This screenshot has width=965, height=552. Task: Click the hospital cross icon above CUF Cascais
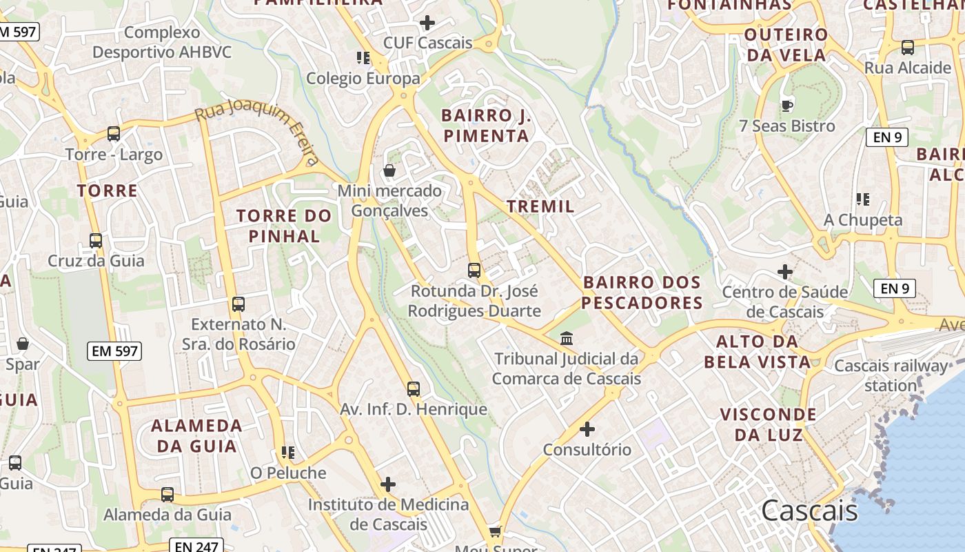pos(427,23)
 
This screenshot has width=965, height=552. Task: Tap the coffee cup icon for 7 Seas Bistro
pos(786,106)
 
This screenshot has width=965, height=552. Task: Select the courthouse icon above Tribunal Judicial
pos(567,338)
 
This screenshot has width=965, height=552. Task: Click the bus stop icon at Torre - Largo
pos(114,134)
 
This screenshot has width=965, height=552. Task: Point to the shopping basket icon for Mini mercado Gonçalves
pos(389,170)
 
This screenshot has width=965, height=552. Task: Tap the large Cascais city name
pos(809,511)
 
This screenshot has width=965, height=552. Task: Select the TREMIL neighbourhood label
pos(540,206)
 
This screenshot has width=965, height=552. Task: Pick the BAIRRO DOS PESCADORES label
pos(642,293)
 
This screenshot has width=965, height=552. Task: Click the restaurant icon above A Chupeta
pos(862,199)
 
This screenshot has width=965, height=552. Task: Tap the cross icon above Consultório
pos(587,429)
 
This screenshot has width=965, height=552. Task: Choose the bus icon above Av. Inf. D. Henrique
pos(413,389)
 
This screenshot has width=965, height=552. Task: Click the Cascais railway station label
pos(891,375)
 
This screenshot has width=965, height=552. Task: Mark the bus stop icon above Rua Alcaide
pos(908,48)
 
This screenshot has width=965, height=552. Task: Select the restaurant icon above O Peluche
pos(287,453)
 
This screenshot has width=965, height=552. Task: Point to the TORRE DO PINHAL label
pos(284,226)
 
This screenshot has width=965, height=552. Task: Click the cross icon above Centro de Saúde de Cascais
pos(784,271)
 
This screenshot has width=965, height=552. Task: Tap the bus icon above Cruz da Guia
pos(96,241)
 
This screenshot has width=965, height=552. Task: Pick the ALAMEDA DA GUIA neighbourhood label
pos(196,435)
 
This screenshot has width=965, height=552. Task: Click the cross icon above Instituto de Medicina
pos(388,484)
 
